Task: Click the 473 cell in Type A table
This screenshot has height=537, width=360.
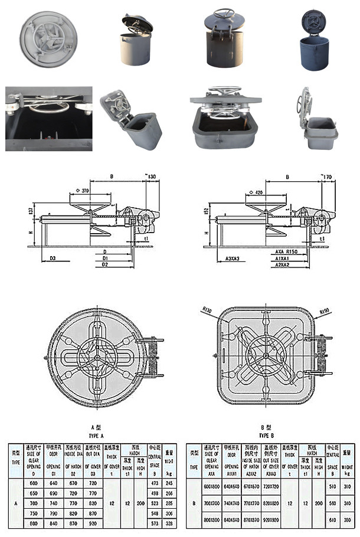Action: click(155, 483)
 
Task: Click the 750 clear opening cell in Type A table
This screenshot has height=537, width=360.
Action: click(34, 513)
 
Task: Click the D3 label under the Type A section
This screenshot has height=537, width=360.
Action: click(53, 258)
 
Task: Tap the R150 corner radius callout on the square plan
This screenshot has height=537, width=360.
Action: click(324, 310)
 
